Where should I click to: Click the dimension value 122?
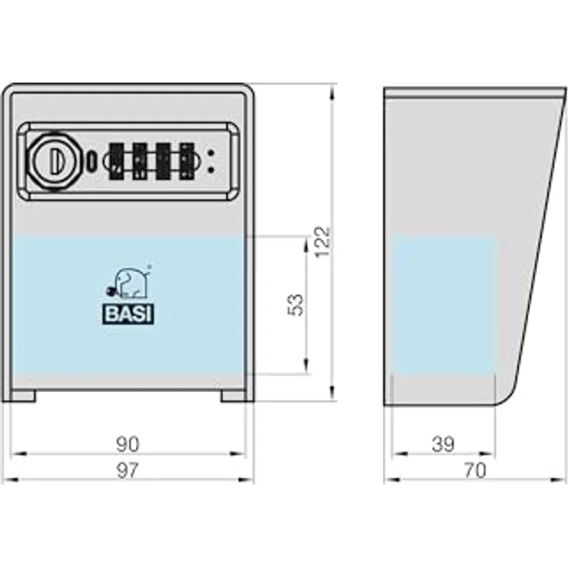coord(323,242)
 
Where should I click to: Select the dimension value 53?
coord(296,305)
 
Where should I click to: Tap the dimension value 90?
coord(127,444)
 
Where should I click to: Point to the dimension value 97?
coord(127,470)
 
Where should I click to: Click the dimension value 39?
coord(443,444)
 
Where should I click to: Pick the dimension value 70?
coord(475,470)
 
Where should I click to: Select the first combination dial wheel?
coord(117,161)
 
